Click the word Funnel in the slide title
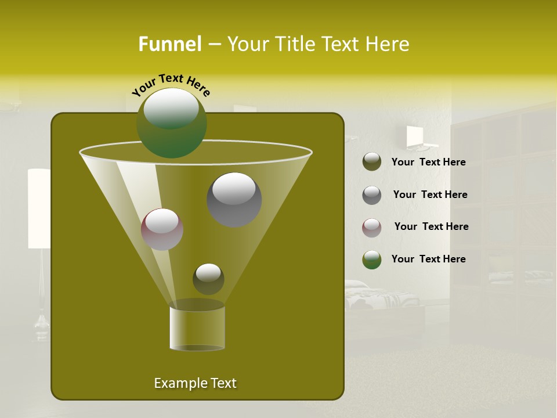pos(169,44)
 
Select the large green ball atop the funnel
pos(171,122)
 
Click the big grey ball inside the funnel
pos(234,199)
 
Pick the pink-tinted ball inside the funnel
pos(162,229)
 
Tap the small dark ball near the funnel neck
pos(208,279)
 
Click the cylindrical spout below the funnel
pos(197,328)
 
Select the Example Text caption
pos(195,383)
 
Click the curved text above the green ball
pos(171,85)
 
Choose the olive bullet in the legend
pos(372,162)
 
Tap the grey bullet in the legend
pos(372,194)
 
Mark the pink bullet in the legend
pos(372,227)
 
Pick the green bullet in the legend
pos(372,260)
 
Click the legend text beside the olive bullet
pos(428,162)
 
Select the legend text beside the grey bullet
pos(430,194)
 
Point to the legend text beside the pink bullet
pos(431,226)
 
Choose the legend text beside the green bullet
pos(428,259)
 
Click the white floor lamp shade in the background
pos(39,208)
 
